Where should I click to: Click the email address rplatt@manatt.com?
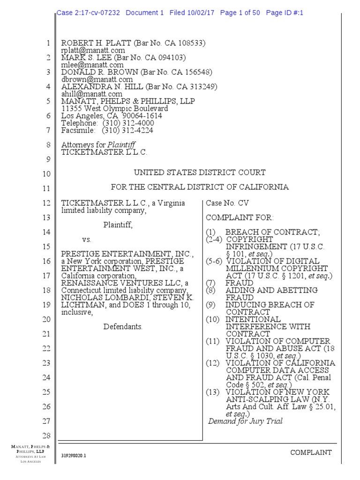[x=93, y=51]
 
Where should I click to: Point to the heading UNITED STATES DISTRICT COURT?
[x=200, y=172]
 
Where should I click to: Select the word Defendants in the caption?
[x=123, y=327]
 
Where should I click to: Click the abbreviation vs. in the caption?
[x=87, y=240]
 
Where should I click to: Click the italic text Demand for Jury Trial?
[x=246, y=421]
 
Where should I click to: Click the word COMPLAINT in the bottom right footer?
[x=311, y=452]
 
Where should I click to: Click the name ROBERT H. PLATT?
[x=97, y=44]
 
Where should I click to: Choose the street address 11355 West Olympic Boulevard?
[x=114, y=109]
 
